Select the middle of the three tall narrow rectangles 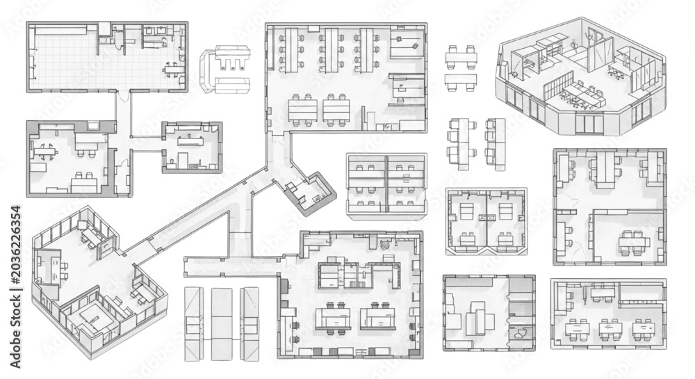(x=221, y=323)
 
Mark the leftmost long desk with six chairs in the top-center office (x=291, y=49)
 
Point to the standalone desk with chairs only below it (x=461, y=81)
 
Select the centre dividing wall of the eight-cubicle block (x=386, y=184)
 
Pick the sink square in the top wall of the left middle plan (x=94, y=126)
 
